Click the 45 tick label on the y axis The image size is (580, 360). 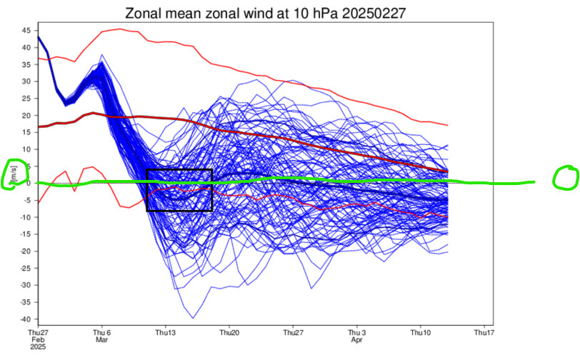coord(25,31)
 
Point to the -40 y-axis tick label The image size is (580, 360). coord(24,319)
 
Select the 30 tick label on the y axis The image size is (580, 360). coord(25,81)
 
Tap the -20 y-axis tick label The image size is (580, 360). coord(24,251)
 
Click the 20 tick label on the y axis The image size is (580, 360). coord(25,115)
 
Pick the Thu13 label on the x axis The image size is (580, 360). coord(166,333)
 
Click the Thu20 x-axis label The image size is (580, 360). coord(229,333)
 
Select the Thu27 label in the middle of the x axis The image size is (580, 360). coord(292,333)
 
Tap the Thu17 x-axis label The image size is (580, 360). coord(484,333)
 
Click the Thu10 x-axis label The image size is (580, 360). coord(421,333)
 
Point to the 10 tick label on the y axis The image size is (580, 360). coord(25,149)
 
